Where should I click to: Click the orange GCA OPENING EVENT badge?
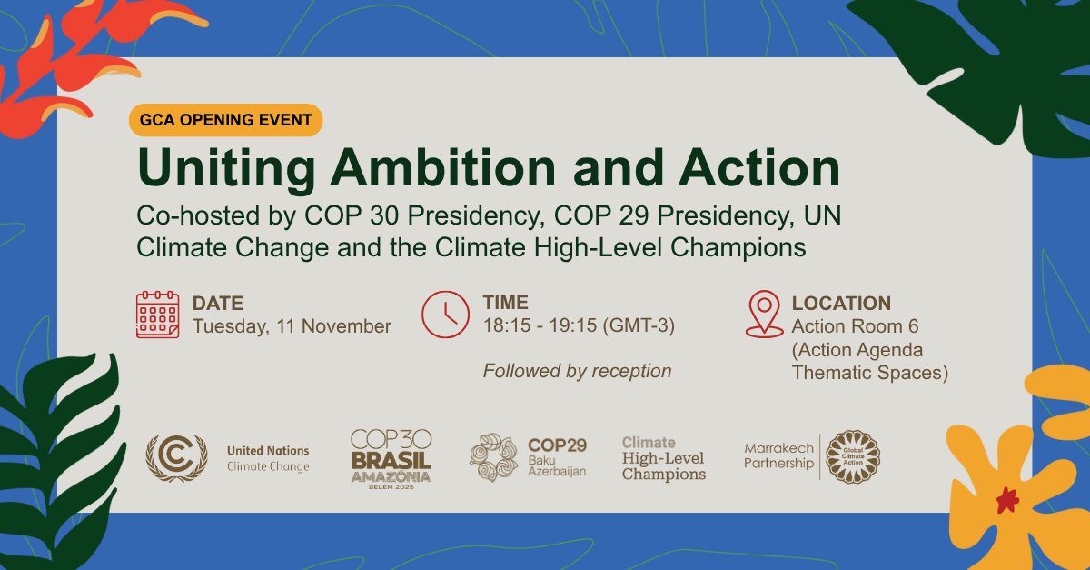point(225,120)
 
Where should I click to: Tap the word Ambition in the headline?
point(442,170)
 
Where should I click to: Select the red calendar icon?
point(157,315)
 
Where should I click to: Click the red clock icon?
point(444,315)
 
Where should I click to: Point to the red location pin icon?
point(764,314)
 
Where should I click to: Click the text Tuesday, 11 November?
point(292,326)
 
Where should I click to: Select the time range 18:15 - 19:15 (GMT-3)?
point(579,326)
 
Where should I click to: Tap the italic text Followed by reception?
point(577,371)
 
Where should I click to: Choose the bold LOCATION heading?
point(841,304)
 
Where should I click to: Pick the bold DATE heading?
point(218,304)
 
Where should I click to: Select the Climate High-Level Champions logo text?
point(663,458)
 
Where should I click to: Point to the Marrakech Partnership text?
point(778,456)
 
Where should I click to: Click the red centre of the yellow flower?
point(1006,499)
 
